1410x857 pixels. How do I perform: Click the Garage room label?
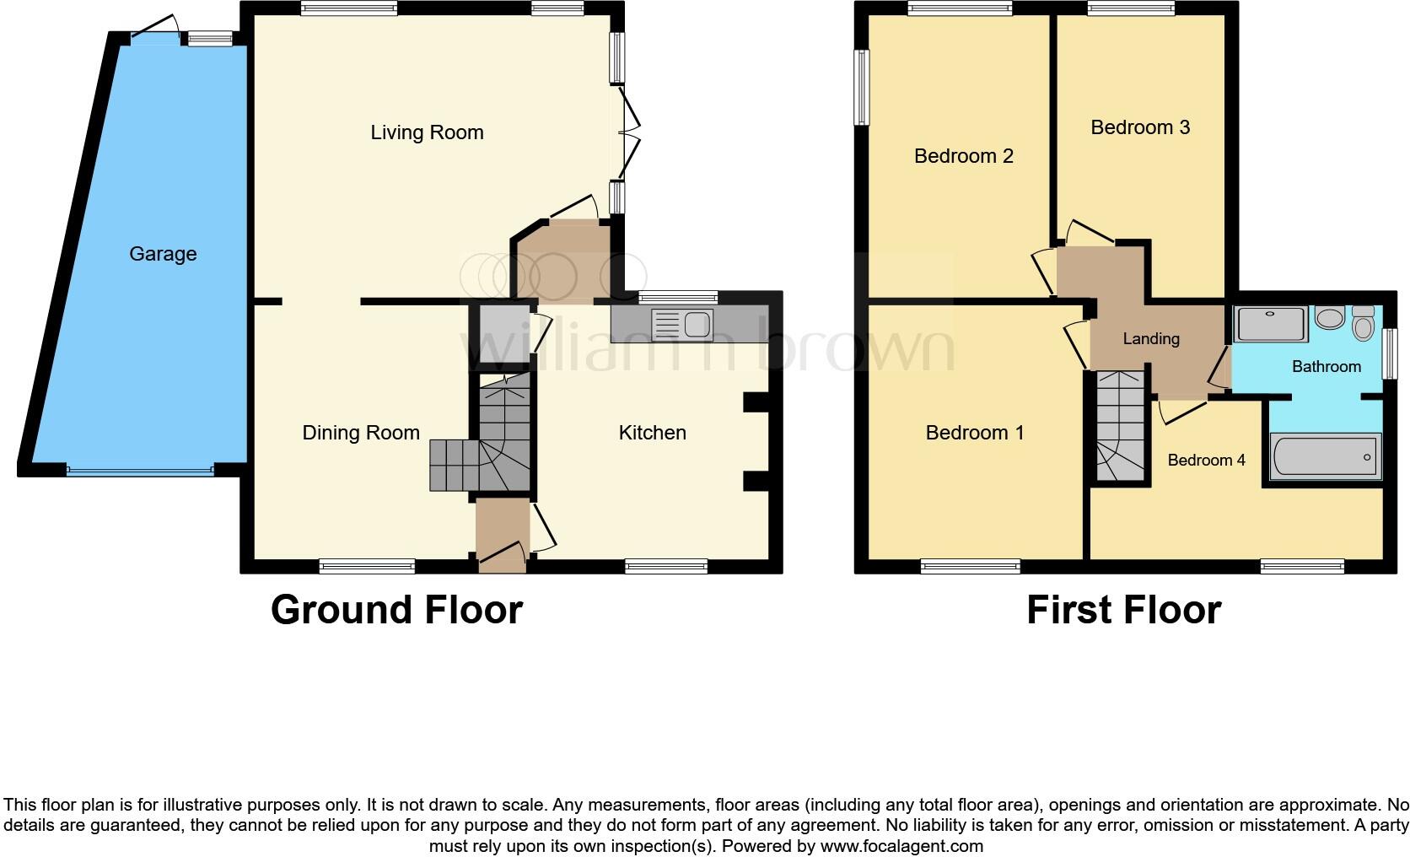[163, 254]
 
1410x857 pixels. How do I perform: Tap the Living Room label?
[427, 132]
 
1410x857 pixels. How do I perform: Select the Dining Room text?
[361, 433]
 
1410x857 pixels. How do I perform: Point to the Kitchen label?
[652, 433]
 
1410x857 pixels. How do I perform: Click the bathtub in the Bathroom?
[1326, 455]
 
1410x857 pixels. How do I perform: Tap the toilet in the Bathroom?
[1363, 324]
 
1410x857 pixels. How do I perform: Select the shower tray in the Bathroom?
[1270, 324]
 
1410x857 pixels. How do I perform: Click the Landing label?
[1150, 339]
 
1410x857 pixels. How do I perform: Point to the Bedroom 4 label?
[1206, 460]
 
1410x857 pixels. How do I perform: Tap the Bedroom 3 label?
[1140, 127]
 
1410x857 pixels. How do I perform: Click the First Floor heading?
[1123, 610]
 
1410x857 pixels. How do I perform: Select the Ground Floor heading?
[396, 610]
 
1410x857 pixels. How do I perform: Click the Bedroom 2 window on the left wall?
[861, 87]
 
